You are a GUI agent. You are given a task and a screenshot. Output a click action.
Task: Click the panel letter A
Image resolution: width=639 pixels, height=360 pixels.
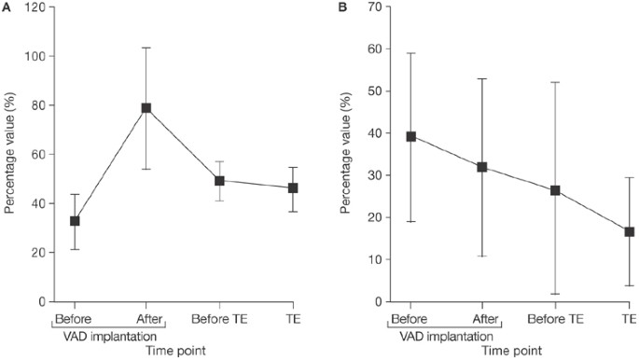(7, 7)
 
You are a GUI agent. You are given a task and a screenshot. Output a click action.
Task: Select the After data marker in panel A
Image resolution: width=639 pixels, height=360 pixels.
(146, 108)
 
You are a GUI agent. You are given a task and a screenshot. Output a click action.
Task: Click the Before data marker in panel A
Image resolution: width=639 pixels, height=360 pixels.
(75, 221)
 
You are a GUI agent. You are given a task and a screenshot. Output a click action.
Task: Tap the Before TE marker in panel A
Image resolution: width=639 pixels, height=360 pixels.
(219, 181)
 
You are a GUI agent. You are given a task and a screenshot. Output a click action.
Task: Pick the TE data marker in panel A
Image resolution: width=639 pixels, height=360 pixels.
(293, 187)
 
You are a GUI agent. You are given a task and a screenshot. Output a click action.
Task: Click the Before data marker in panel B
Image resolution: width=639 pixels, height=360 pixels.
(410, 136)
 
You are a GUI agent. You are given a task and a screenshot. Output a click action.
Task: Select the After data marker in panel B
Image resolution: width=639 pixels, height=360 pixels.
(482, 167)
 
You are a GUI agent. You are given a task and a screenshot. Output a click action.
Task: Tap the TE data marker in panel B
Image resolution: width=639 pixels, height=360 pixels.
(629, 231)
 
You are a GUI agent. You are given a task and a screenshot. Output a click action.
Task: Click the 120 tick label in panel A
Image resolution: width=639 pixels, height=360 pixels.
(33, 7)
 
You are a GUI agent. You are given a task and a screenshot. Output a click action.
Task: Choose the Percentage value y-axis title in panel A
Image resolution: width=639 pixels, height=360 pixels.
(10, 154)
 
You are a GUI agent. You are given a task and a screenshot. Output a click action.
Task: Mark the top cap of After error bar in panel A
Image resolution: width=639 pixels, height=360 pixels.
(146, 48)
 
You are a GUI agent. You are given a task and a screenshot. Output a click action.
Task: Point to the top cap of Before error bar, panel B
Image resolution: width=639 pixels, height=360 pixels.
(410, 53)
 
